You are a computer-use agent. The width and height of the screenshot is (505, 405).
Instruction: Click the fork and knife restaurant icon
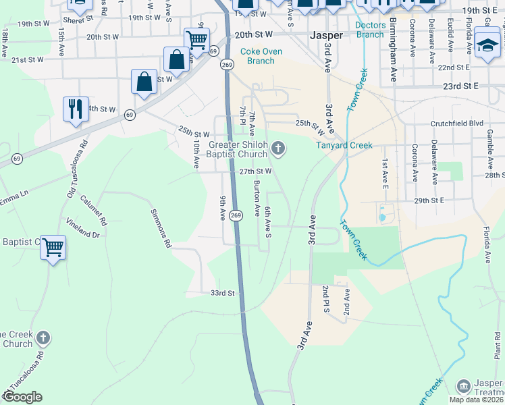point(76,108)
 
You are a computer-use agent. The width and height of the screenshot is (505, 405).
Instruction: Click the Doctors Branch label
point(370,30)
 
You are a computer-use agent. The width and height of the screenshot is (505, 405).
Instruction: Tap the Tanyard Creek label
point(344,145)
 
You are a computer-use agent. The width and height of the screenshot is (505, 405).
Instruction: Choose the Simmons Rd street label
point(160,227)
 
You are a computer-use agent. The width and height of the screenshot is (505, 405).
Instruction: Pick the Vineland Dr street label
point(82,228)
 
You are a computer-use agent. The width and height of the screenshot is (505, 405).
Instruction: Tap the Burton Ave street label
point(257,198)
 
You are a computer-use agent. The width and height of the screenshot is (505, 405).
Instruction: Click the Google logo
point(22,397)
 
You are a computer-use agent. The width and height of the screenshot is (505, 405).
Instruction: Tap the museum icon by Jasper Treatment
point(463,386)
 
